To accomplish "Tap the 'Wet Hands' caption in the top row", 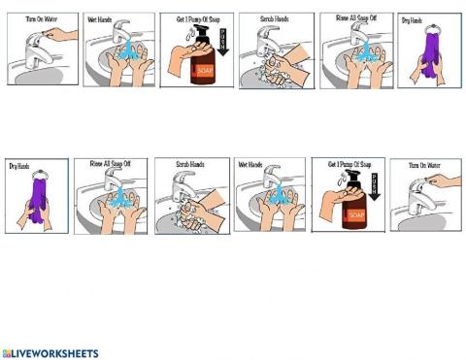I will (x=100, y=17).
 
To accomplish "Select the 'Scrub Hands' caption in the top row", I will (x=274, y=17).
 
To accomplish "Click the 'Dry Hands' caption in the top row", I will (x=412, y=19).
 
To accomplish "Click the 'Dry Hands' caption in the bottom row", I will (x=19, y=166).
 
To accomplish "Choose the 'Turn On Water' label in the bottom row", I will (x=424, y=166).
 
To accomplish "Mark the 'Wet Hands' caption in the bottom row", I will (x=250, y=164).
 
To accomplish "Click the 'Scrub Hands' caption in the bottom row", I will (x=190, y=164).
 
